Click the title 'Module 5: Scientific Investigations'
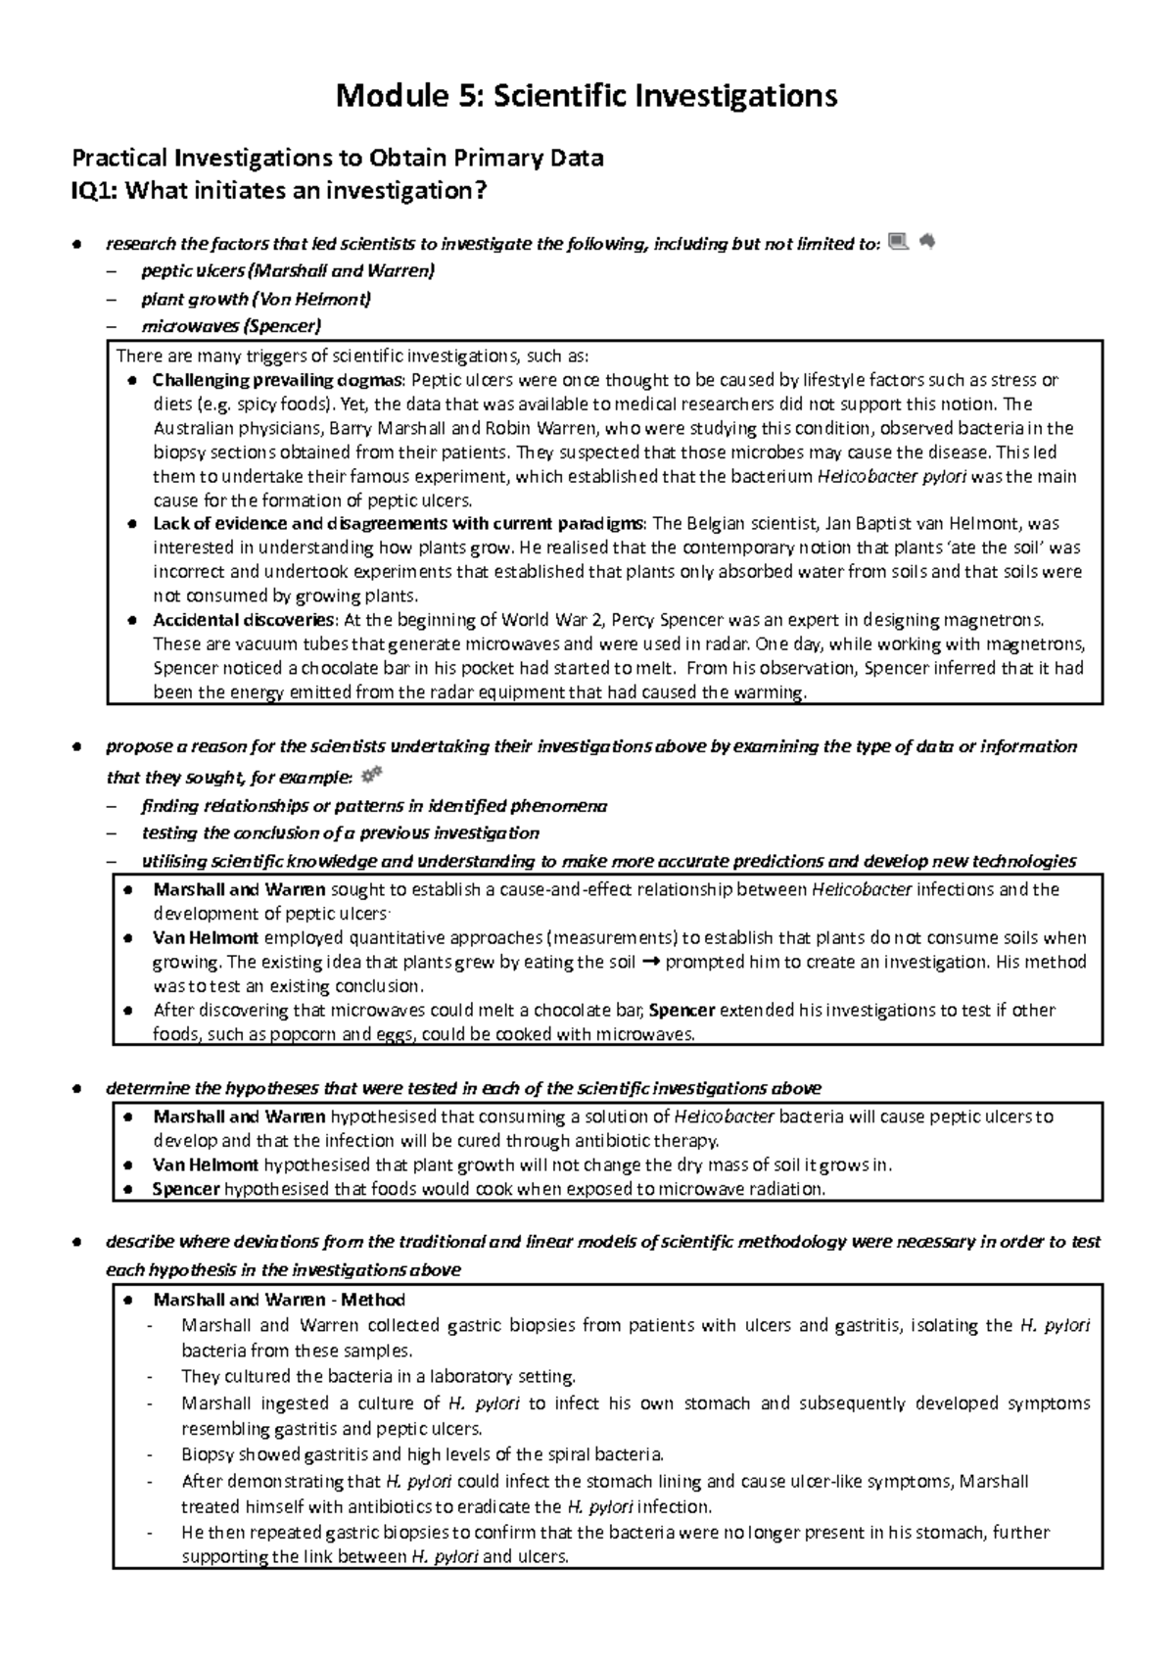point(587,96)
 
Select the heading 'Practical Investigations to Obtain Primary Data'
point(333,158)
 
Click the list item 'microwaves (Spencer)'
point(231,326)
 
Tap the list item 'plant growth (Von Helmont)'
point(256,299)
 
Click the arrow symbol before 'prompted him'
point(651,962)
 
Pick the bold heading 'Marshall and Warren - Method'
point(279,1300)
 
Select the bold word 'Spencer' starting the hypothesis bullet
point(186,1189)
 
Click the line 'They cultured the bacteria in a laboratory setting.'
point(379,1376)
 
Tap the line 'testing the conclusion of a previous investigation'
point(340,833)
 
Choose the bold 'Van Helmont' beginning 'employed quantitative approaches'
point(206,937)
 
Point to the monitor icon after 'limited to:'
point(897,241)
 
